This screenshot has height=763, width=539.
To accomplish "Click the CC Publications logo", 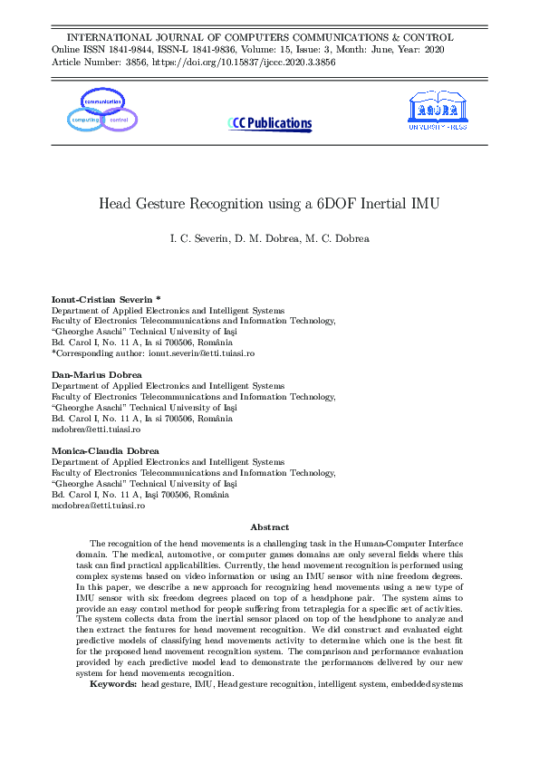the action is [x=269, y=123].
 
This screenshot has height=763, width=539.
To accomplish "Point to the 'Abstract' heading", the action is [x=269, y=526].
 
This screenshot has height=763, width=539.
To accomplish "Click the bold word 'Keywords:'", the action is [x=112, y=684].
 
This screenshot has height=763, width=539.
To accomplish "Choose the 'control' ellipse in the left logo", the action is [x=119, y=120].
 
